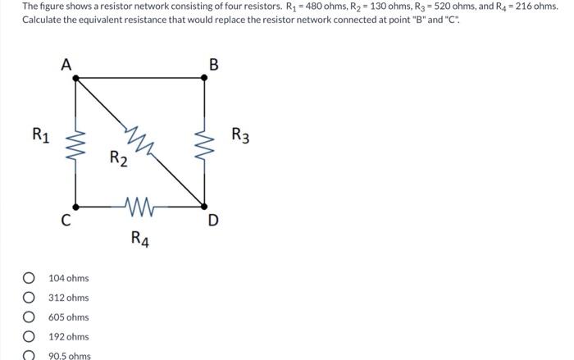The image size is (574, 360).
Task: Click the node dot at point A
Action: (76, 78)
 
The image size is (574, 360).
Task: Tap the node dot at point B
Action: (204, 78)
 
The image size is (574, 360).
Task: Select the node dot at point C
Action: (76, 206)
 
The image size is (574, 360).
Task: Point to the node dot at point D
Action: (204, 206)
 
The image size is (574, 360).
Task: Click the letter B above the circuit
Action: (214, 65)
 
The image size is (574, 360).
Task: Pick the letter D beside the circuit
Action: (214, 220)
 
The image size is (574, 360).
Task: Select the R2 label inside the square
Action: (119, 157)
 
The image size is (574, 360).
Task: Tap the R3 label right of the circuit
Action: (240, 134)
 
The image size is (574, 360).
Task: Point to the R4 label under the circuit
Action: (140, 239)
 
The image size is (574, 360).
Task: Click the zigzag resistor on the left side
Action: (76, 142)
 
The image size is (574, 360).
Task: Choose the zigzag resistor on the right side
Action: (204, 142)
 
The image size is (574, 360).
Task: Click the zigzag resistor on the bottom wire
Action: (140, 206)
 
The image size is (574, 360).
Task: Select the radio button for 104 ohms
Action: (30, 278)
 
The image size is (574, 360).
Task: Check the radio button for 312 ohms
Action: (30, 298)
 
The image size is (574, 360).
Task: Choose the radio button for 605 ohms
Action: (30, 317)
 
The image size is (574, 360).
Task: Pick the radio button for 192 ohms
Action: (30, 336)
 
